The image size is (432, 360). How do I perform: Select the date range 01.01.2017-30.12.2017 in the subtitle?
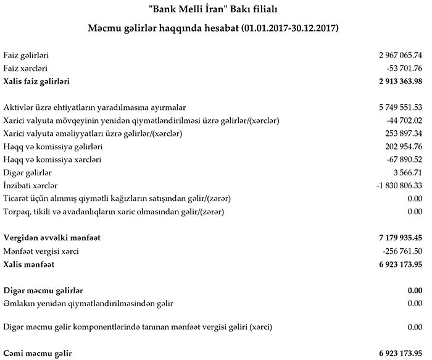click(x=289, y=29)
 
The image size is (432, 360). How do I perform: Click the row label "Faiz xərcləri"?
click(x=25, y=68)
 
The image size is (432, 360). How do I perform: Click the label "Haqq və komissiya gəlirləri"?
click(x=52, y=146)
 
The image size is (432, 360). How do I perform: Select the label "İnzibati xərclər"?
click(x=30, y=185)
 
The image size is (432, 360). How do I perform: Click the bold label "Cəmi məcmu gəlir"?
click(x=37, y=353)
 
